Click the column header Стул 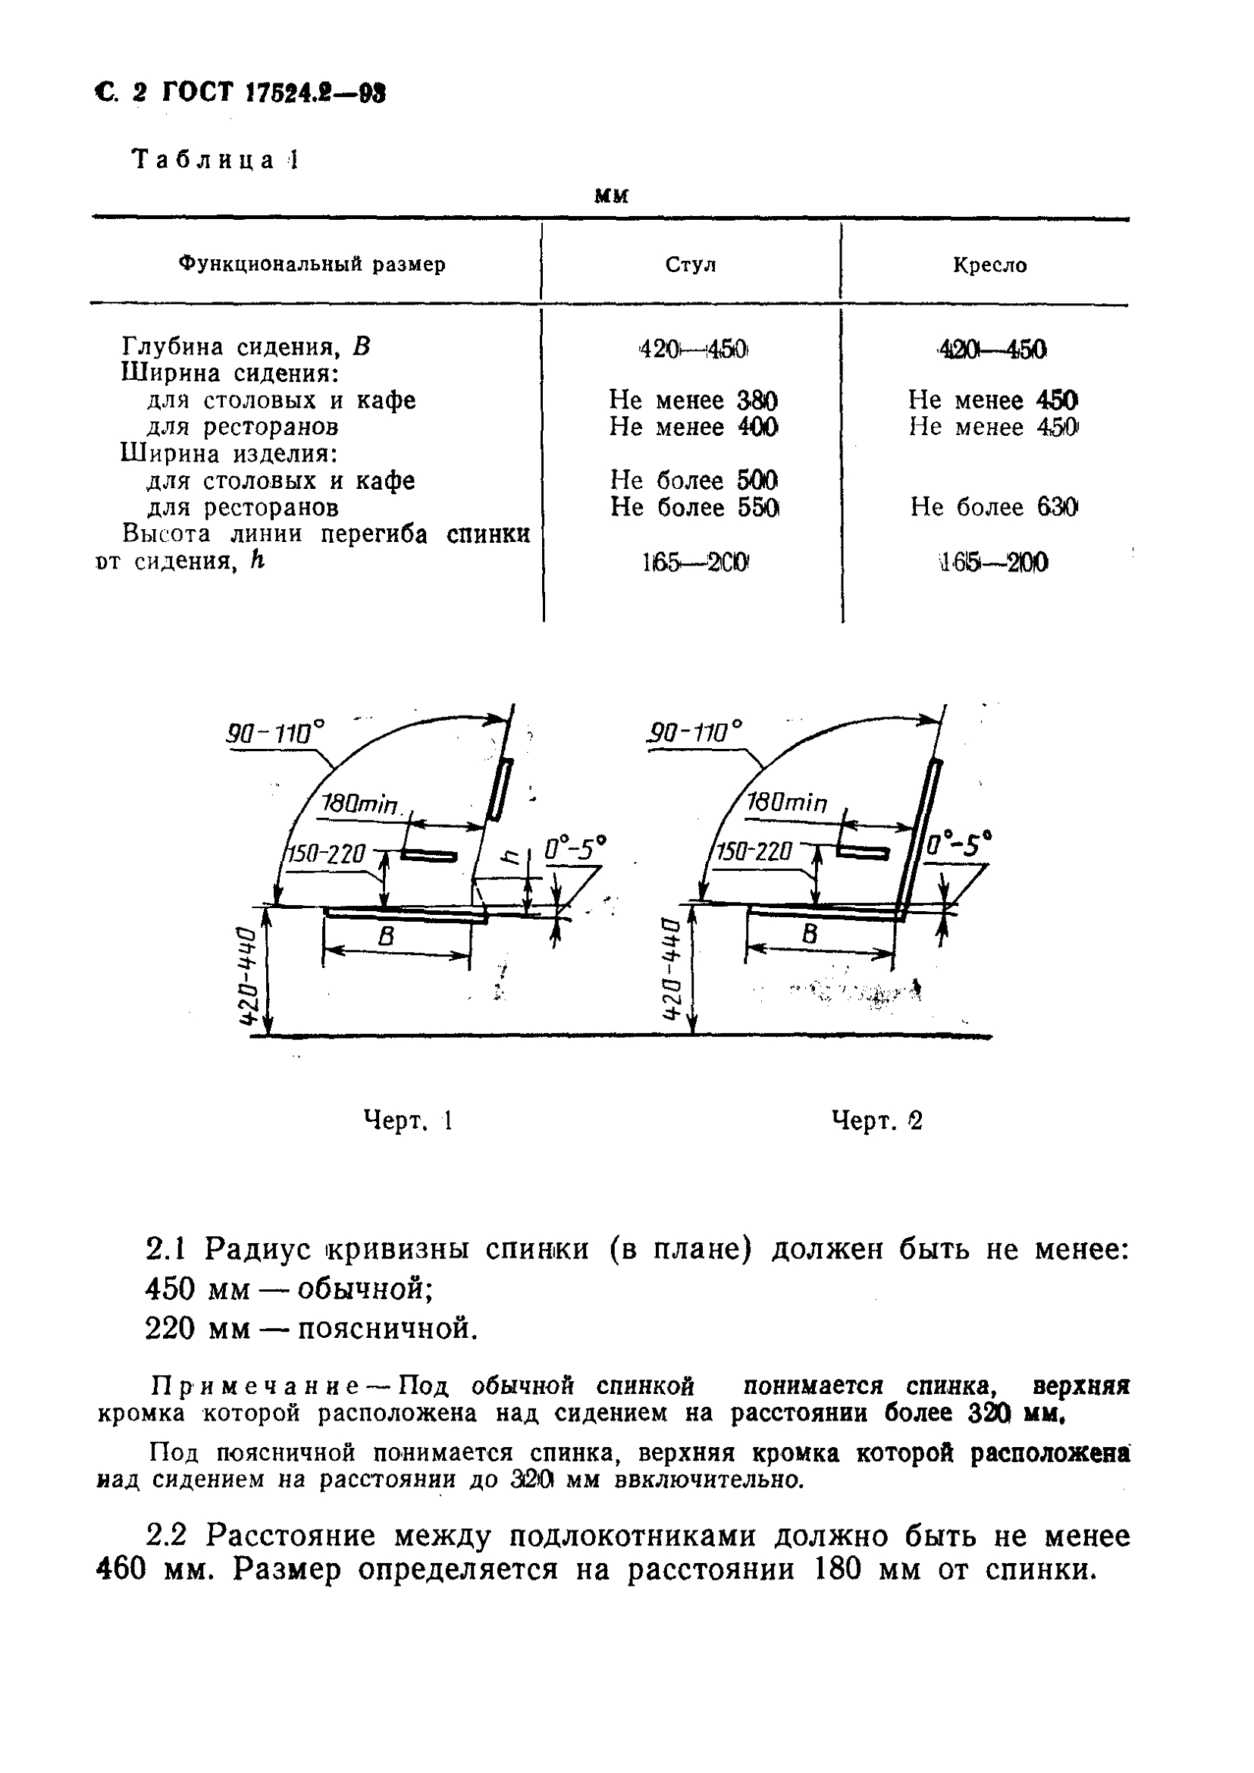[x=691, y=265]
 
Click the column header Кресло [x=989, y=265]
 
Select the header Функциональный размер [x=312, y=265]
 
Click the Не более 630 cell [x=994, y=507]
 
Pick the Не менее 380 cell [x=693, y=400]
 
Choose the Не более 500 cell [x=693, y=481]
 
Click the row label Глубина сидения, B [x=246, y=346]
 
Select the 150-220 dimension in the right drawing [x=754, y=852]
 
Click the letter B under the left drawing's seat [x=386, y=937]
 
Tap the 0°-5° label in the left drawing [x=575, y=849]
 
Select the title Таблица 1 [x=215, y=161]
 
